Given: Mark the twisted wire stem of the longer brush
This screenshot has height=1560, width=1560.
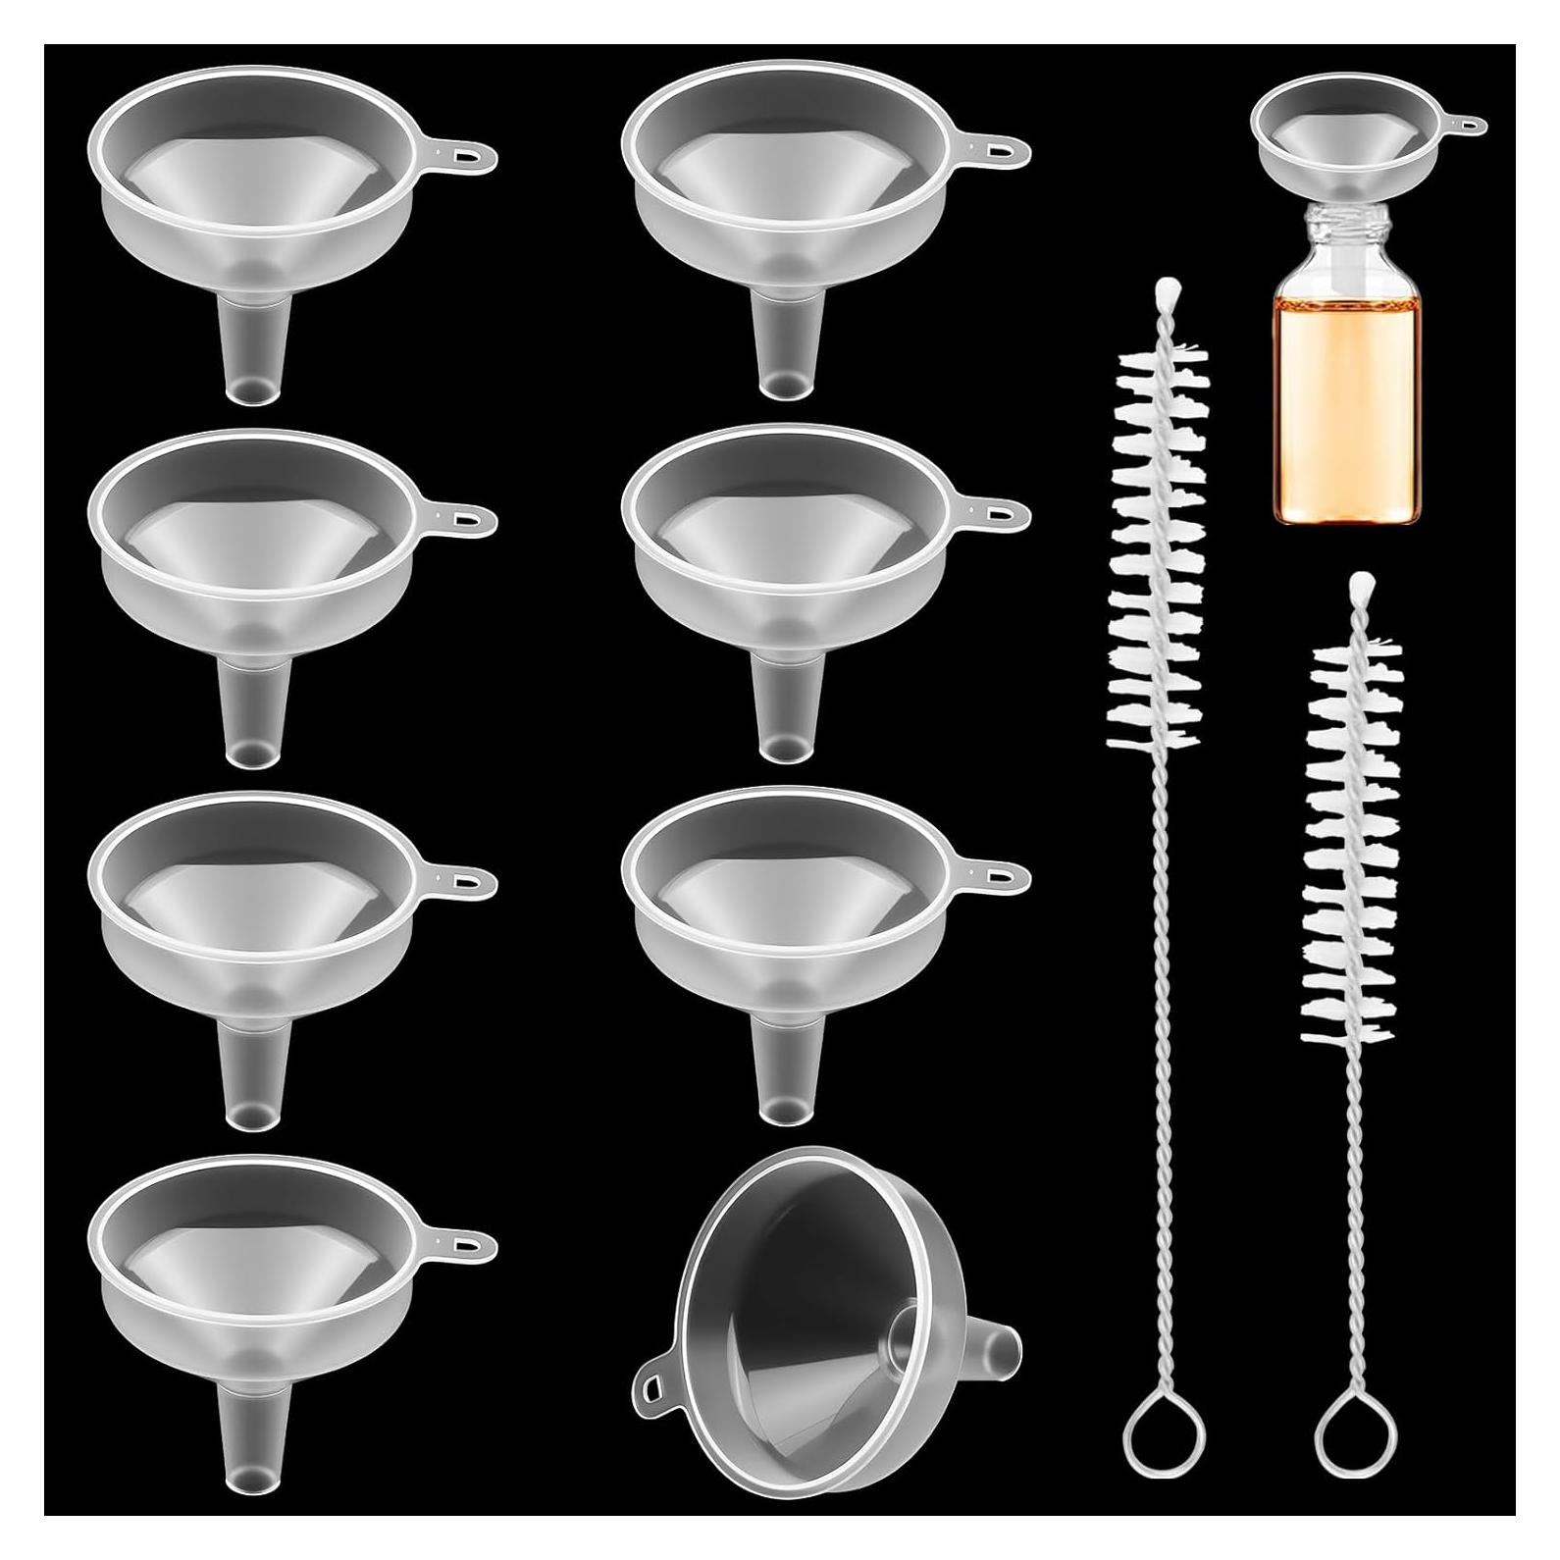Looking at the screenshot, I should pyautogui.click(x=1158, y=1079).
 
